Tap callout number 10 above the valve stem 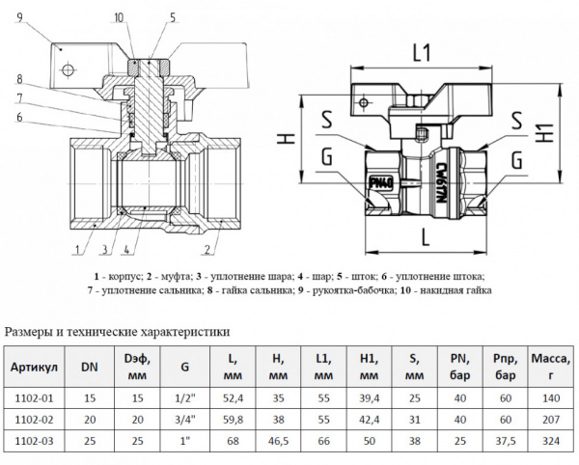click(118, 17)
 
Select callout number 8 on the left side click(18, 78)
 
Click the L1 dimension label click(420, 54)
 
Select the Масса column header click(551, 367)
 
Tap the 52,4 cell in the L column click(233, 397)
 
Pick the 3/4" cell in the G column click(184, 420)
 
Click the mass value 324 click(551, 444)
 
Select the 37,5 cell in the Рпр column click(502, 444)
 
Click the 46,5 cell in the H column click(279, 444)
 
